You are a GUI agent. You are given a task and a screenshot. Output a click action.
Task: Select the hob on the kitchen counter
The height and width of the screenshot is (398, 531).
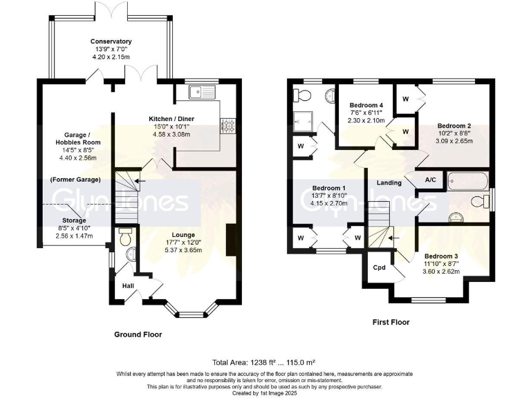click(x=226, y=126)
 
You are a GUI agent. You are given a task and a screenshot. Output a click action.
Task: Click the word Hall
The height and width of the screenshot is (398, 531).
click(x=128, y=285)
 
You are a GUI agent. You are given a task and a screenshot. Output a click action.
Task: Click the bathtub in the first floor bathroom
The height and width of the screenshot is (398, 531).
click(x=468, y=181)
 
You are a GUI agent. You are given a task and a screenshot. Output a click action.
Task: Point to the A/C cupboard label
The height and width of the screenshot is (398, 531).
click(x=430, y=180)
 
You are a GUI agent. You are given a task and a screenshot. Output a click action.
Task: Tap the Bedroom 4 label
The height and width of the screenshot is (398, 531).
click(x=366, y=105)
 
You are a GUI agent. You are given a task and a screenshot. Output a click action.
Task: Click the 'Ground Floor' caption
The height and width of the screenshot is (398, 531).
click(x=138, y=334)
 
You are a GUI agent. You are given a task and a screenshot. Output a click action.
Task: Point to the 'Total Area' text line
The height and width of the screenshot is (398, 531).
click(x=263, y=362)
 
